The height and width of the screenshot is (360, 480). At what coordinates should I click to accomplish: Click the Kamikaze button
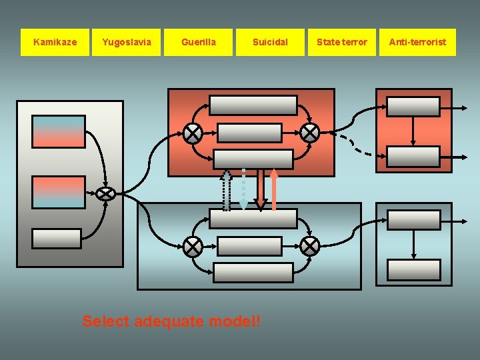[x=55, y=42]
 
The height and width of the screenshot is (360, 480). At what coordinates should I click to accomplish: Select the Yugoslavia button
[x=127, y=42]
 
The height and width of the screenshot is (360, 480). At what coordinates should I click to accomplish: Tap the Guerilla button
[x=199, y=42]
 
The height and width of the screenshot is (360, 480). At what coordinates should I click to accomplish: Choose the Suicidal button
[x=270, y=42]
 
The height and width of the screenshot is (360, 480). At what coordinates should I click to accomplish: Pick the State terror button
[x=341, y=42]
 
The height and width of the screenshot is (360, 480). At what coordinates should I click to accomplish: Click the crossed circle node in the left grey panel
[x=105, y=194]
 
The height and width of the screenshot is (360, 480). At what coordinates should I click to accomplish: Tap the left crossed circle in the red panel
[x=193, y=133]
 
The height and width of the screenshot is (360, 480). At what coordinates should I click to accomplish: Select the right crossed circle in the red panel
[x=309, y=133]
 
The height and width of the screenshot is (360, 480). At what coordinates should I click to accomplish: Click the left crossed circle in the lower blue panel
[x=193, y=247]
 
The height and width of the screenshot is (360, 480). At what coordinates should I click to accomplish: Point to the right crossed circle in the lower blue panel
[x=309, y=247]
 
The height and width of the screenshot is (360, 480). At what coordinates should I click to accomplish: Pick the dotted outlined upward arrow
[x=227, y=190]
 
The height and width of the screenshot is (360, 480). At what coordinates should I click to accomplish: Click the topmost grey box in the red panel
[x=253, y=105]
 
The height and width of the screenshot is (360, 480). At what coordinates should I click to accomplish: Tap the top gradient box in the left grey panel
[x=59, y=131]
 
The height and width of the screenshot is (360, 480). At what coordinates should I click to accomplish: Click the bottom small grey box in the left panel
[x=57, y=238]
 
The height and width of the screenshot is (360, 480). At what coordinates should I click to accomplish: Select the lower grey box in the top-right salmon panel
[x=414, y=157]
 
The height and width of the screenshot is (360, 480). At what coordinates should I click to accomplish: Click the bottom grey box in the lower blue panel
[x=253, y=273]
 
